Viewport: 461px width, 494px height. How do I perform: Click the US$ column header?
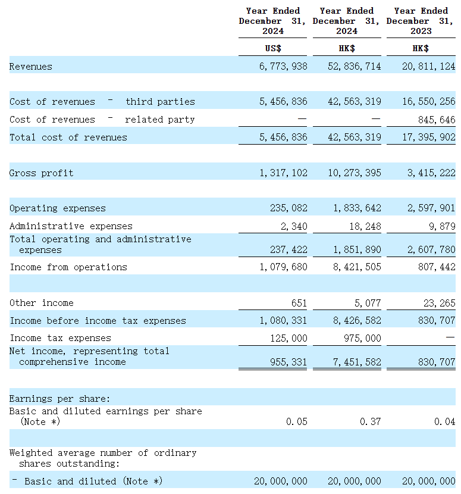273,48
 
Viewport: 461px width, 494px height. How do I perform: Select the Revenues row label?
31,67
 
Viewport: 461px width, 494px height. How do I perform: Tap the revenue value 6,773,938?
283,67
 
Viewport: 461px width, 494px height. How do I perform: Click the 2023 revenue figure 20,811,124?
428,67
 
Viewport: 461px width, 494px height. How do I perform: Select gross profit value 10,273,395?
355,173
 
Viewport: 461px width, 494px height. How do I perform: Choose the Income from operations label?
68,267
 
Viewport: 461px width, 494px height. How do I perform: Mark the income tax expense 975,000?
362,338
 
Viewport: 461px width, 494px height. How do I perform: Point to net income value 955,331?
288,362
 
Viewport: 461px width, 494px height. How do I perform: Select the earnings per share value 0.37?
371,422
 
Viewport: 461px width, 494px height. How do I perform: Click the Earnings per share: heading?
60,399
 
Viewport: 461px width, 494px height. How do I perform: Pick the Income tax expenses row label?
60,338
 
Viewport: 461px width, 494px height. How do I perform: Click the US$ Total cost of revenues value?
283,137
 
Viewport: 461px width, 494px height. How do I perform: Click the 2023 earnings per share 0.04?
444,422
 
